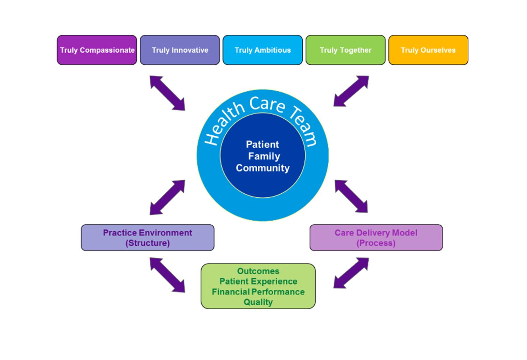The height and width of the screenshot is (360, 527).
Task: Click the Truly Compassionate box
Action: [97, 50]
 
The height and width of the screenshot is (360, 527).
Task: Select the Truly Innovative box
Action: [180, 50]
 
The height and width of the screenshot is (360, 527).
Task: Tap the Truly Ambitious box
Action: [262, 50]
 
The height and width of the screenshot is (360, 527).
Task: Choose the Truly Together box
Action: [345, 50]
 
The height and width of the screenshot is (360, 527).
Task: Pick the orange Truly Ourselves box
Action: [428, 50]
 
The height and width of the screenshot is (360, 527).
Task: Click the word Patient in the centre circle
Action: [262, 145]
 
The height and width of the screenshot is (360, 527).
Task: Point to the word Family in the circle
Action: [264, 156]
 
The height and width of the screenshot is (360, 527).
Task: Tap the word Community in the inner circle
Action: [262, 168]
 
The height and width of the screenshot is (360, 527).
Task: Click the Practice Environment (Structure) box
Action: [148, 238]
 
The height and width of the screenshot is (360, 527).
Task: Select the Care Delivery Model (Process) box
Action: [376, 238]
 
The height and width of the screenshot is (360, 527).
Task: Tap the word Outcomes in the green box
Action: [258, 271]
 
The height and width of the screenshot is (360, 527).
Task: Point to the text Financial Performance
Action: [258, 292]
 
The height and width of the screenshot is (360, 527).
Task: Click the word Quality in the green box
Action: [258, 302]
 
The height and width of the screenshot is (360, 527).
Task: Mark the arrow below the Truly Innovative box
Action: [167, 93]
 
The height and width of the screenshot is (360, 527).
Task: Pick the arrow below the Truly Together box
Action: [351, 91]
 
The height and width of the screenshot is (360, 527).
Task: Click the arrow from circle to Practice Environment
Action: [167, 197]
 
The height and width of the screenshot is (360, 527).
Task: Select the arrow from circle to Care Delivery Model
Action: [351, 196]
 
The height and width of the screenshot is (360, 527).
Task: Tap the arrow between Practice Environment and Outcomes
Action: [167, 275]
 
